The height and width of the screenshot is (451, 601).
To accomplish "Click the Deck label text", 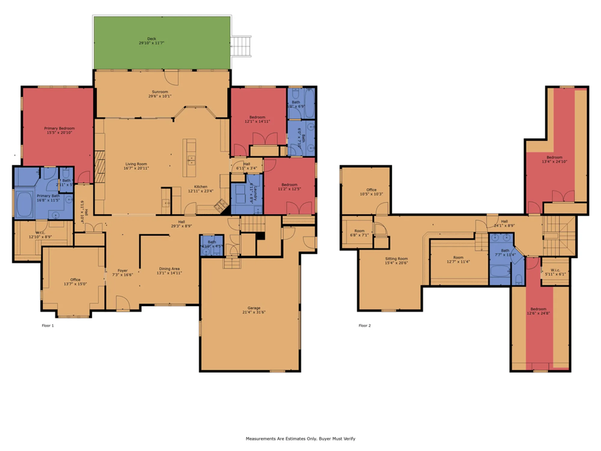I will pyautogui.click(x=151, y=39).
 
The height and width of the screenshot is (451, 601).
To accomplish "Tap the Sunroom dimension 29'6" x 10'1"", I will pyautogui.click(x=160, y=96).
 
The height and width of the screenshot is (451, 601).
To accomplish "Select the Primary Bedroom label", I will pyautogui.click(x=59, y=128).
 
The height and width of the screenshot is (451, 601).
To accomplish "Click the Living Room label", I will pyautogui.click(x=136, y=164).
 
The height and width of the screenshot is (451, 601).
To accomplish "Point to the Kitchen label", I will pyautogui.click(x=200, y=187).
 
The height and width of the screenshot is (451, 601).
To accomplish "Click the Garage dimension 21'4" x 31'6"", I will pyautogui.click(x=254, y=312).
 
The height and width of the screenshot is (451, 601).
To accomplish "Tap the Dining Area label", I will pyautogui.click(x=169, y=269).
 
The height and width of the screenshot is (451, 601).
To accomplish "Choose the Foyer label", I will pyautogui.click(x=122, y=271).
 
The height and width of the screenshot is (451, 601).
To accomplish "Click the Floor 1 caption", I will pyautogui.click(x=48, y=326).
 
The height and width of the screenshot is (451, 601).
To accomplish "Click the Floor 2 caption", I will pyautogui.click(x=365, y=326).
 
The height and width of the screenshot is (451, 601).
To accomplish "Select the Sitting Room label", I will pyautogui.click(x=396, y=259).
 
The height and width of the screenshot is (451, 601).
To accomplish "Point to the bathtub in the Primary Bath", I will pyautogui.click(x=24, y=204).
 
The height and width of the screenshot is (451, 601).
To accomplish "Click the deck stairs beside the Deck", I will pyautogui.click(x=241, y=46).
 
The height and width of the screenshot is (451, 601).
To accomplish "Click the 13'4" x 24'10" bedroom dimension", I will pyautogui.click(x=554, y=161).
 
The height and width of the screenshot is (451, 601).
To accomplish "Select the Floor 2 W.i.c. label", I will pyautogui.click(x=555, y=270).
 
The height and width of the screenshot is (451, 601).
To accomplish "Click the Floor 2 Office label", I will pyautogui.click(x=371, y=190).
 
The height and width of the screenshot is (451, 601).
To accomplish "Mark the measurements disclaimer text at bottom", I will pyautogui.click(x=300, y=439).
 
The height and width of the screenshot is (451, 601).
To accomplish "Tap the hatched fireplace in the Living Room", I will pyautogui.click(x=100, y=167).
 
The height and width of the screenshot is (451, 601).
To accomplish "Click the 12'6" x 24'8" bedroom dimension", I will pyautogui.click(x=538, y=313).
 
